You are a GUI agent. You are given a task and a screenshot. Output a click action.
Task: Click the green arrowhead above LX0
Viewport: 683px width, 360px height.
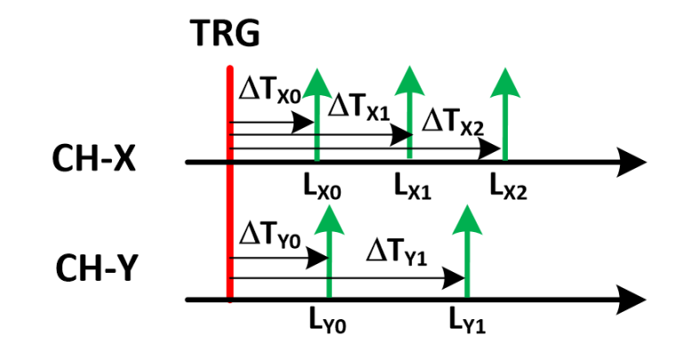tap(317, 81)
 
